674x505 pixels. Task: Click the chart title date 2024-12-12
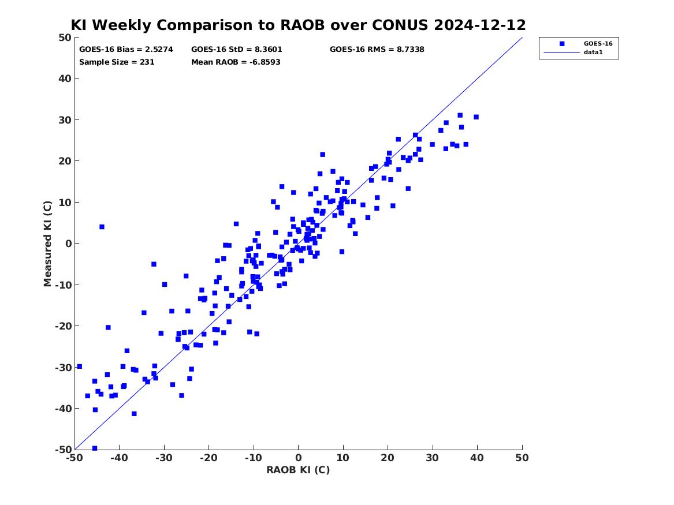(480, 25)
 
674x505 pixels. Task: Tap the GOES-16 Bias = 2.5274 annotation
(126, 50)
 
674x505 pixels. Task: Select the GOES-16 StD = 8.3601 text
(236, 50)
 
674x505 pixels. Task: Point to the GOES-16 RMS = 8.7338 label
(377, 50)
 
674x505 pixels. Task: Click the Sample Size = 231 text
(117, 62)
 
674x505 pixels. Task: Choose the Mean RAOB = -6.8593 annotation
(236, 62)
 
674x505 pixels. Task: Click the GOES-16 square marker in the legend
(562, 44)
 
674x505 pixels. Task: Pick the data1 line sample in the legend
(562, 53)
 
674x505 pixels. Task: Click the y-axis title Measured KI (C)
(47, 244)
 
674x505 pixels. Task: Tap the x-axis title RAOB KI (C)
(298, 470)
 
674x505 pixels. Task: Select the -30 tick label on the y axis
(63, 367)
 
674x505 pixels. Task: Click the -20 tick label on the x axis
(208, 458)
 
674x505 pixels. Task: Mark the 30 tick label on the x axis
(433, 458)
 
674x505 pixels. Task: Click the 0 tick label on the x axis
(299, 458)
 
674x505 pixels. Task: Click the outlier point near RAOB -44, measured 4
(102, 227)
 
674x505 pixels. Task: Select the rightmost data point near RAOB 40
(476, 117)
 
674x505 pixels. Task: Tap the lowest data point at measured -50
(95, 448)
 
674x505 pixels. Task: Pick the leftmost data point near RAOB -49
(79, 366)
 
